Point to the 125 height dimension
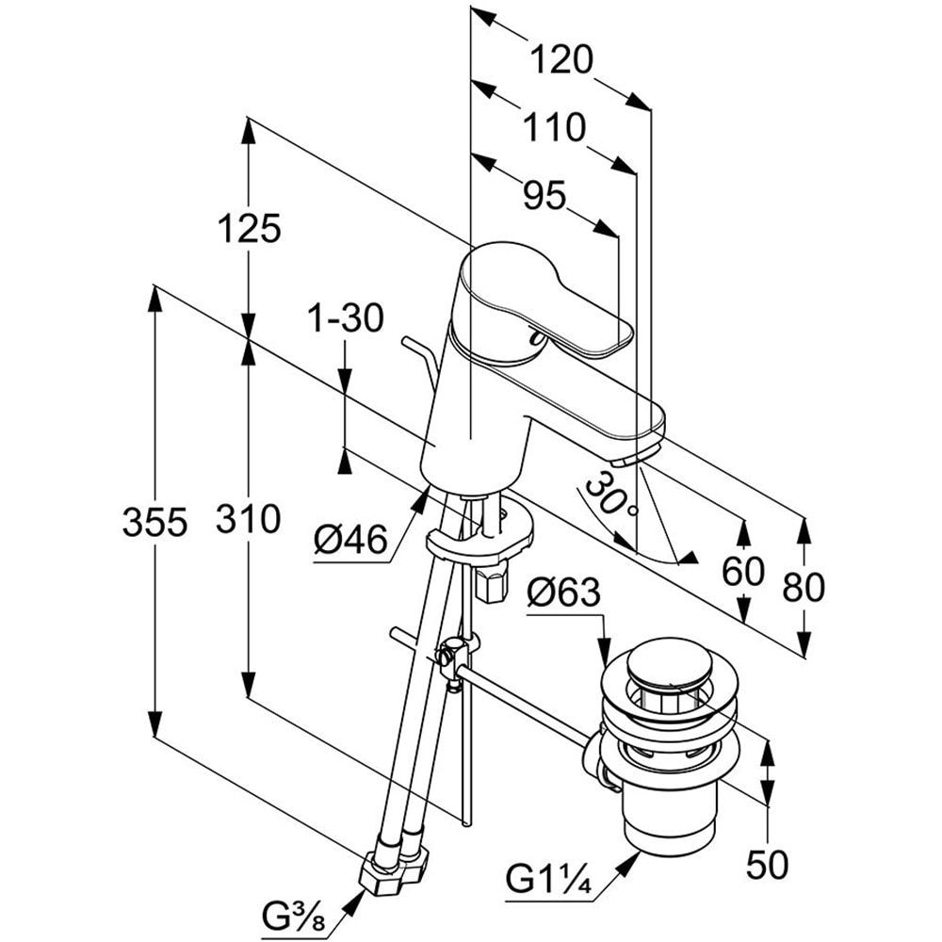249,229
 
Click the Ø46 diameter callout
351,541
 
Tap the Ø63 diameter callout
562,593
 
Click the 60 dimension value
744,572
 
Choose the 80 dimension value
804,587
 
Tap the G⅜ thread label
289,914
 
